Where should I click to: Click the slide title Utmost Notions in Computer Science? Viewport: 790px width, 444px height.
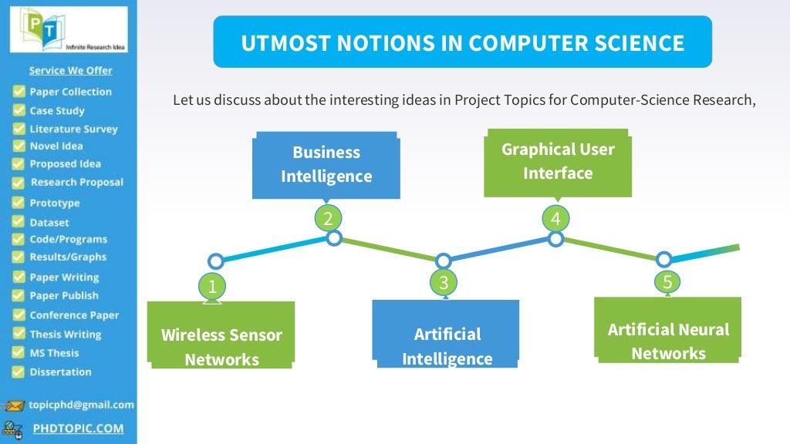(x=462, y=42)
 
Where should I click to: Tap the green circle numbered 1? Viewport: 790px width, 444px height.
(x=212, y=287)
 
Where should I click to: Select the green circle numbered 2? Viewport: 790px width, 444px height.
(x=328, y=219)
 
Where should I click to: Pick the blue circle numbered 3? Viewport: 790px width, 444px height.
(x=444, y=282)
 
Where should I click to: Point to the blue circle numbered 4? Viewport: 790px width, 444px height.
(x=555, y=219)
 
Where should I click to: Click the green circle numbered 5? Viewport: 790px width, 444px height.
(x=668, y=281)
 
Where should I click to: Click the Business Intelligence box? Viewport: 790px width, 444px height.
(x=326, y=164)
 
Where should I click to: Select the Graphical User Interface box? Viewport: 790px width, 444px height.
(x=558, y=161)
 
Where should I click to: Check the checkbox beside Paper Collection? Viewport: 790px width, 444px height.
(x=19, y=92)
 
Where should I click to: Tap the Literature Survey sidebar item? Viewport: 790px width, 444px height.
(x=73, y=129)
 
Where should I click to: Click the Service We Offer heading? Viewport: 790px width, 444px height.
(x=70, y=70)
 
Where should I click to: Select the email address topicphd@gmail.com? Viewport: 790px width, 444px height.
(x=81, y=405)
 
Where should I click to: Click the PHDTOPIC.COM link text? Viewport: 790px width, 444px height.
(x=78, y=428)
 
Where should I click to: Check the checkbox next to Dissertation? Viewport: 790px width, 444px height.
(x=19, y=372)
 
